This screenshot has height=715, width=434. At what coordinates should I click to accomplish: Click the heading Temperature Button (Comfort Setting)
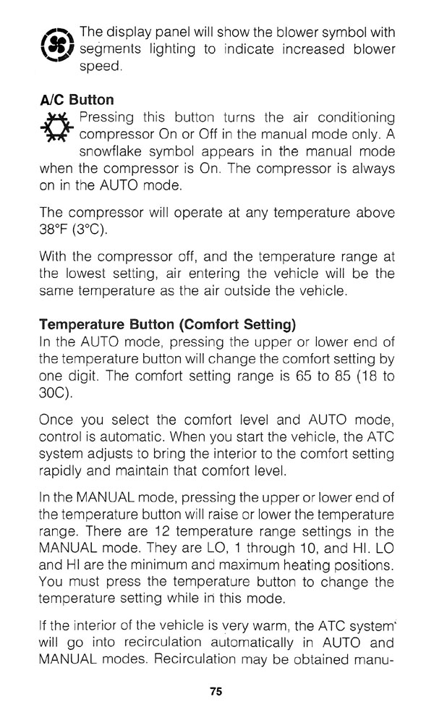coord(168,323)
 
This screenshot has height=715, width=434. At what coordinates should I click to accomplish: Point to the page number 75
coord(216,690)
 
